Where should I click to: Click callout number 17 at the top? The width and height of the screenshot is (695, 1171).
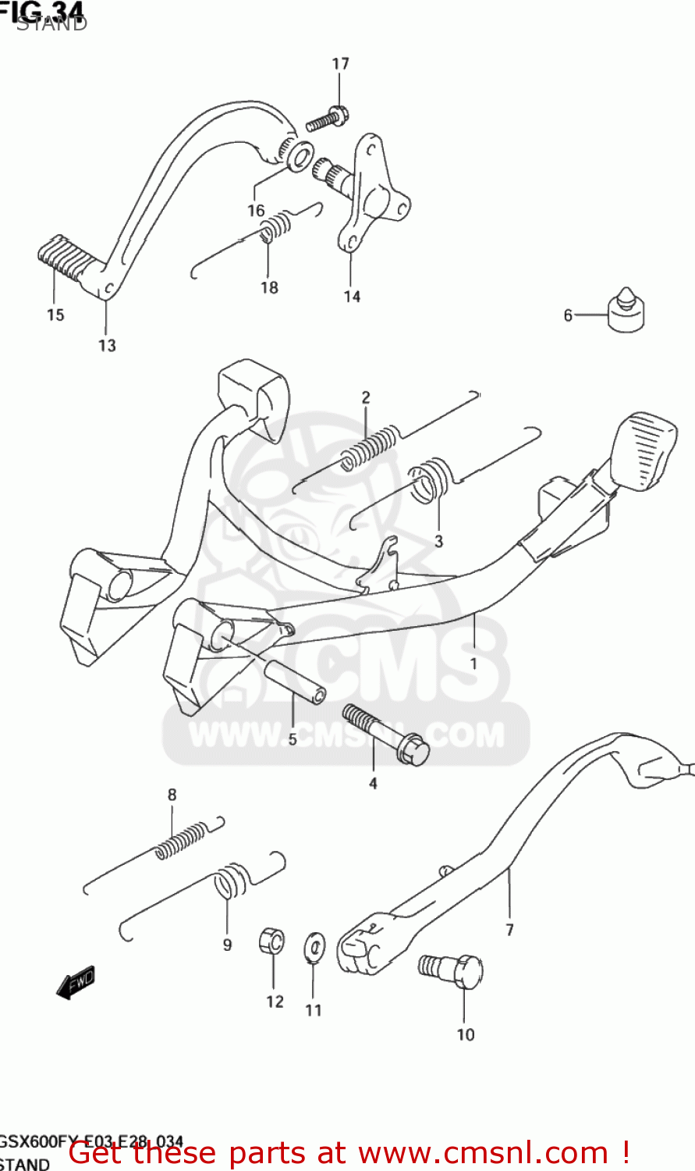click(x=341, y=64)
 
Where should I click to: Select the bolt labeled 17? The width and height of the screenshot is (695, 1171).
click(x=327, y=120)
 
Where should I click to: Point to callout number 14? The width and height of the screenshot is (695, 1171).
click(x=352, y=297)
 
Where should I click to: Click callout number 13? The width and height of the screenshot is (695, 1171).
click(x=107, y=345)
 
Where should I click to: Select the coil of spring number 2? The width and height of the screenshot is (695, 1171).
click(x=370, y=450)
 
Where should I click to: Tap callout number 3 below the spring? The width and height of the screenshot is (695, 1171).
click(x=438, y=541)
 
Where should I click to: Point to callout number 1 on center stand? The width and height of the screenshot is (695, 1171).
click(x=473, y=664)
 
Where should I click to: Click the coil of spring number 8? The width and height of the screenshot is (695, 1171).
click(x=183, y=841)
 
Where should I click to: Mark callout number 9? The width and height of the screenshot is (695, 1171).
click(x=227, y=945)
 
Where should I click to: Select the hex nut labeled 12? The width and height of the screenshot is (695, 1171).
click(x=271, y=942)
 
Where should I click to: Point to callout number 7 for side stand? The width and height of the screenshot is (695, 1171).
click(x=509, y=930)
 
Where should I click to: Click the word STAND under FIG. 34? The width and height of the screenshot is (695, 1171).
click(x=51, y=23)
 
